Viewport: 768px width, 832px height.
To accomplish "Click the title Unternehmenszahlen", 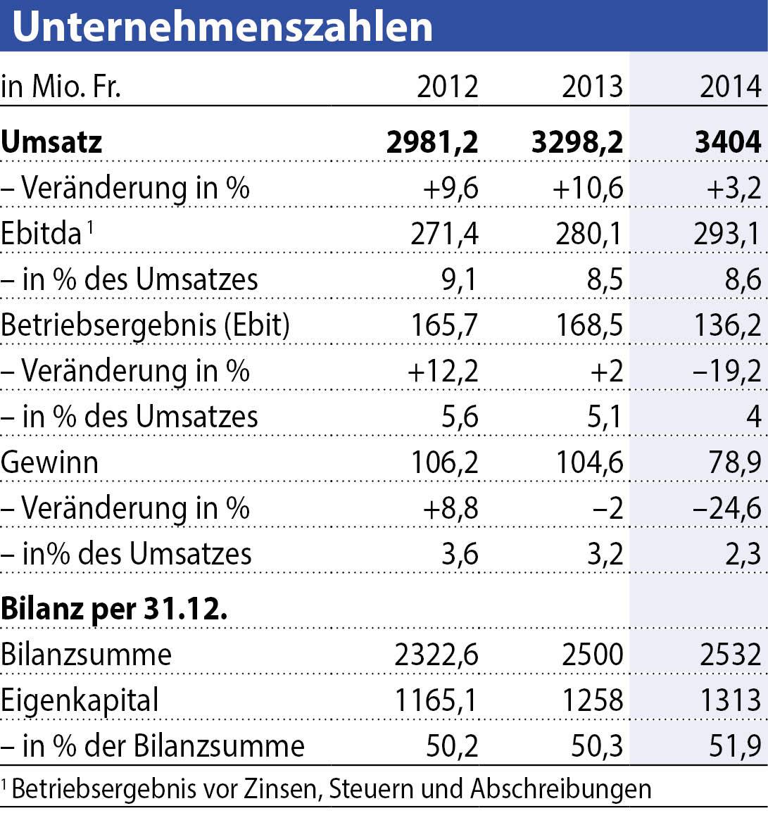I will (x=222, y=26).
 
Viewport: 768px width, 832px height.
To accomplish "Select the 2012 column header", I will (x=447, y=87).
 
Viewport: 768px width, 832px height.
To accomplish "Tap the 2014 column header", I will (x=730, y=87).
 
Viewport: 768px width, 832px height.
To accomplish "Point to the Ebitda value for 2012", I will (x=444, y=234).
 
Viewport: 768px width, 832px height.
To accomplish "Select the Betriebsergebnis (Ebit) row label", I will (x=145, y=325).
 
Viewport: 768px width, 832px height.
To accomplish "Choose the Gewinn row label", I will (x=49, y=462).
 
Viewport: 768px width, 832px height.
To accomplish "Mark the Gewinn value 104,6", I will (x=589, y=462).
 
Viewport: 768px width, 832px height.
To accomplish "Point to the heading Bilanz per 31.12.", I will (x=114, y=609).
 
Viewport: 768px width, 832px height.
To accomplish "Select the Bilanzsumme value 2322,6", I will (x=436, y=655).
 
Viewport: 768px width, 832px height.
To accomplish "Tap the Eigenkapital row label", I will (x=80, y=700).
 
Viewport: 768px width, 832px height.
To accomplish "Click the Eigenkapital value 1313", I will (x=730, y=700).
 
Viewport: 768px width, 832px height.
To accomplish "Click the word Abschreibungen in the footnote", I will (x=561, y=788).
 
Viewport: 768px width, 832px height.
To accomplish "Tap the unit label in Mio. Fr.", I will (x=61, y=87).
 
